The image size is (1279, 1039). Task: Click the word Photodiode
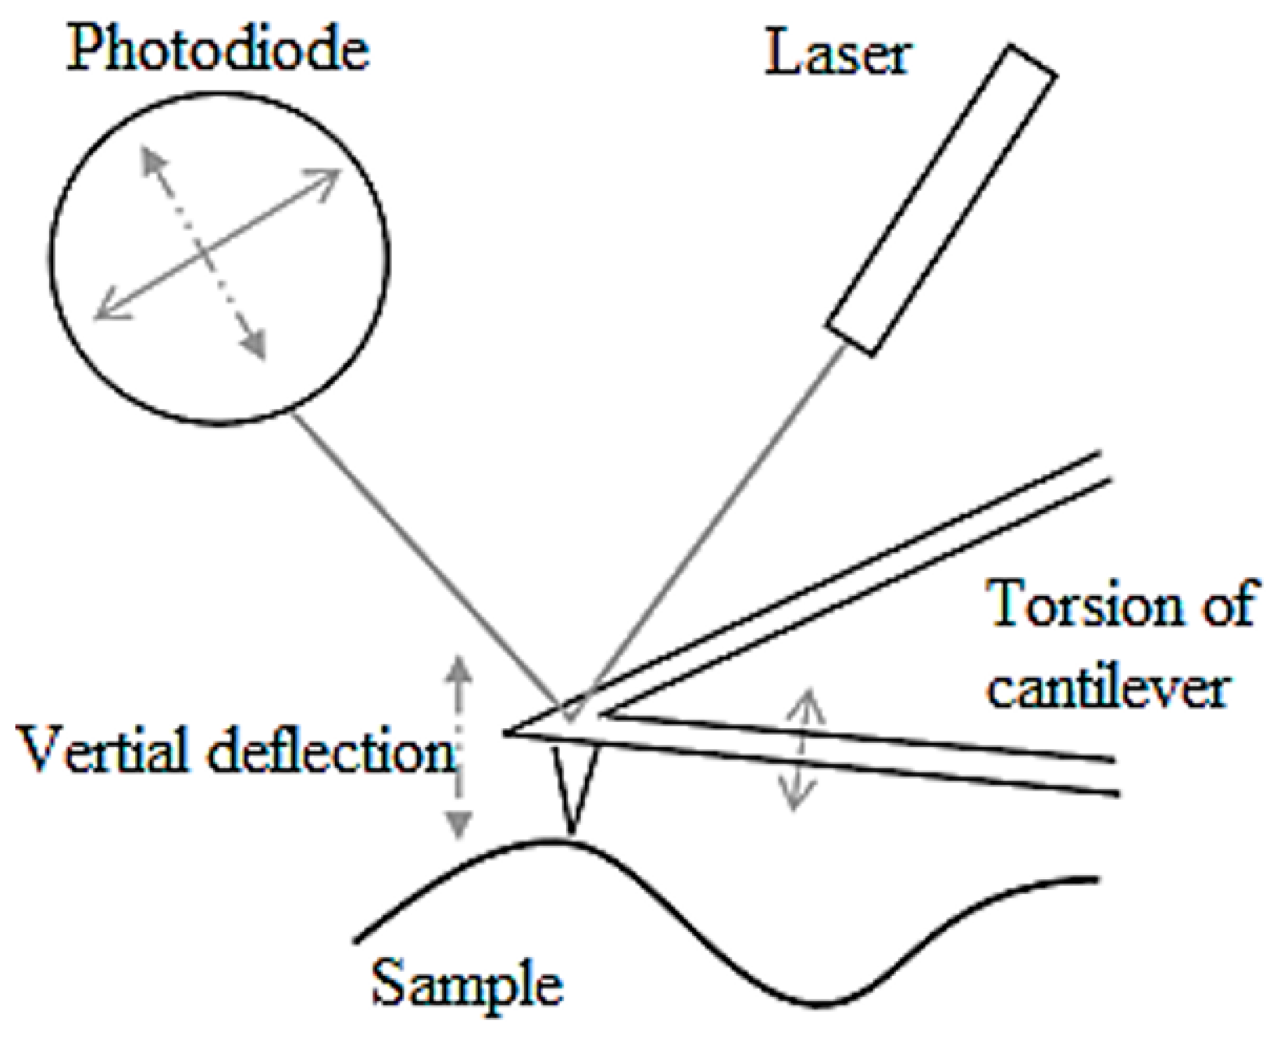click(218, 53)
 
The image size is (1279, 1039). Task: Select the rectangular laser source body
click(942, 199)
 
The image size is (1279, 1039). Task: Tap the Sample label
click(468, 985)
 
